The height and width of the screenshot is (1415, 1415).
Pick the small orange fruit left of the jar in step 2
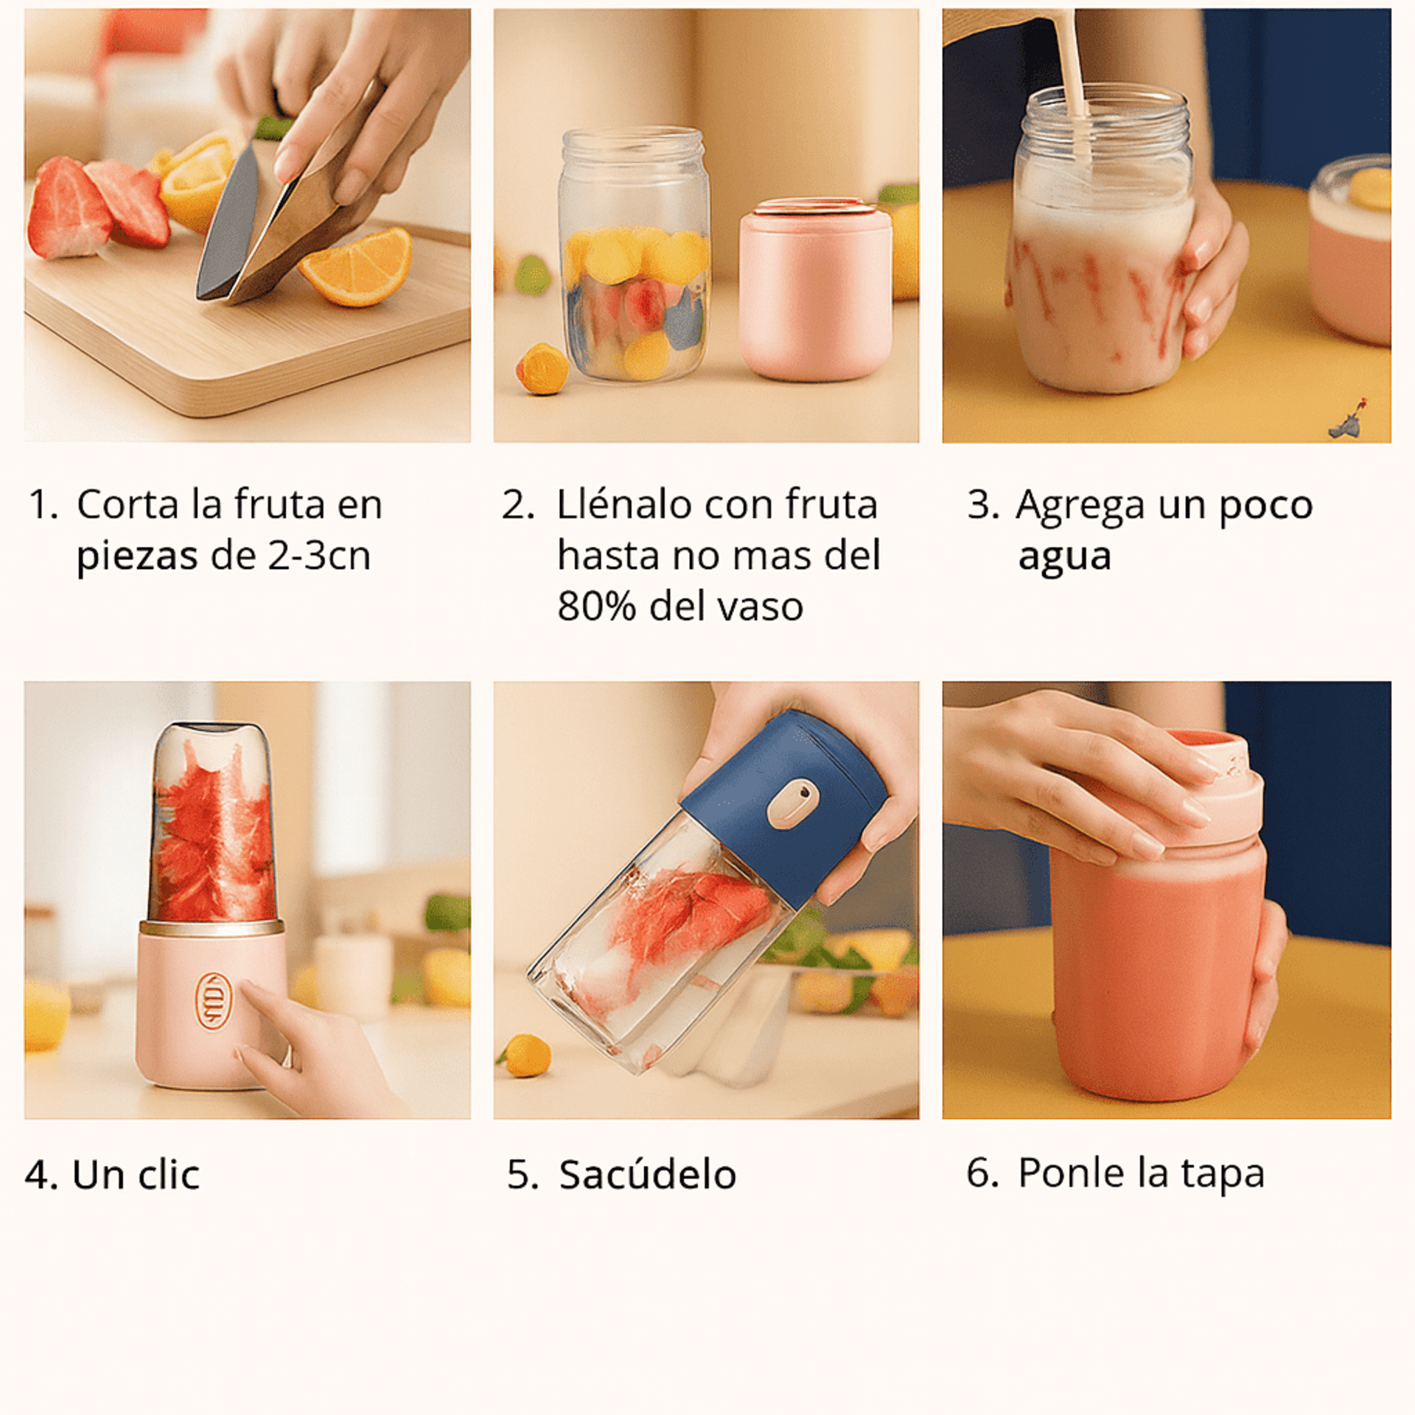click(542, 368)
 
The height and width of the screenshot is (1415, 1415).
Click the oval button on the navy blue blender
click(792, 803)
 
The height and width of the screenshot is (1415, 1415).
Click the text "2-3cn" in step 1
click(318, 556)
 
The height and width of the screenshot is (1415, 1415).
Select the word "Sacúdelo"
click(647, 1175)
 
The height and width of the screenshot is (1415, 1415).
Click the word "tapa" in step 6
click(1223, 1173)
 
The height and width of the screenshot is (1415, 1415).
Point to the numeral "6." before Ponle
click(982, 1173)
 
